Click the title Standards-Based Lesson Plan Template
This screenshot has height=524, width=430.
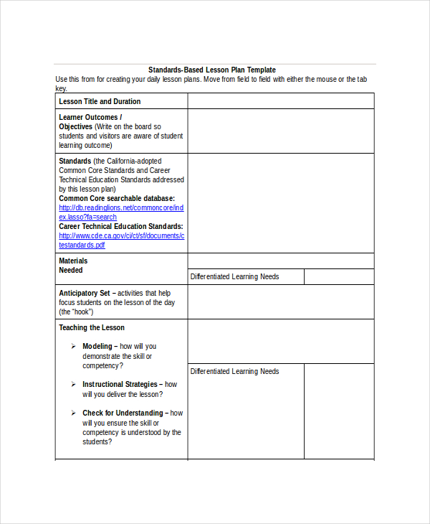point(211,70)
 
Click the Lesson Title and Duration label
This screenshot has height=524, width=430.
point(100,102)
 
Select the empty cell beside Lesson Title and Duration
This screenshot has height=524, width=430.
point(280,101)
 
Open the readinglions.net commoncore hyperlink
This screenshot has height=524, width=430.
point(121,208)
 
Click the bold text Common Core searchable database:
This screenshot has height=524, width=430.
point(117,199)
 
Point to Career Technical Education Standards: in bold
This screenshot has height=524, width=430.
point(120,226)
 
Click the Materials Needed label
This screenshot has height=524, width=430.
point(73,266)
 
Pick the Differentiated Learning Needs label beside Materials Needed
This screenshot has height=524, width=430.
point(234,277)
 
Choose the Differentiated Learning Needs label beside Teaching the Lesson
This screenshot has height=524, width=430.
point(234,372)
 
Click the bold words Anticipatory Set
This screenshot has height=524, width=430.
point(84,294)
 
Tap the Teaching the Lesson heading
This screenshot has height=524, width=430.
point(92,328)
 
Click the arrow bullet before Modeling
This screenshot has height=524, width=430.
point(73,347)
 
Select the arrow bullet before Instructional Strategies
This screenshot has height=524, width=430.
point(73,385)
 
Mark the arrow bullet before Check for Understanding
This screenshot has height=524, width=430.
point(73,413)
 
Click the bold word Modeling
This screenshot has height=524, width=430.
point(97,347)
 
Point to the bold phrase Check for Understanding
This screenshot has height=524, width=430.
point(123,413)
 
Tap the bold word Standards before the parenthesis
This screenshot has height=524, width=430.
point(75,162)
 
